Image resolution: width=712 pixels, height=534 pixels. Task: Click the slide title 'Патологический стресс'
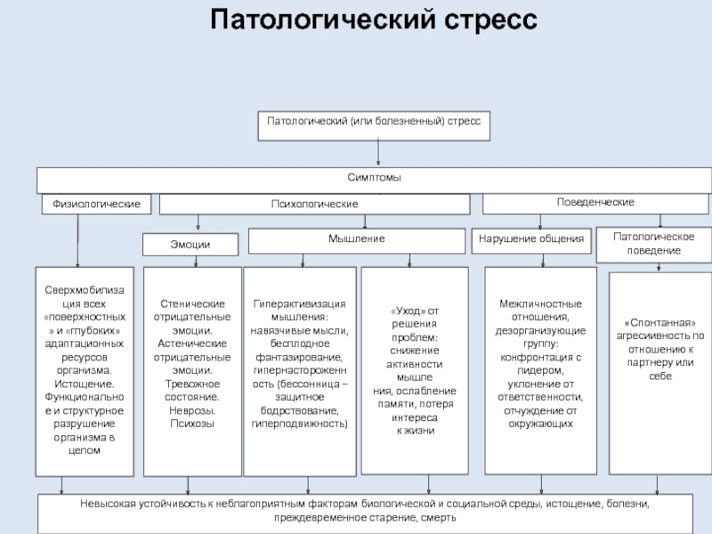click(374, 19)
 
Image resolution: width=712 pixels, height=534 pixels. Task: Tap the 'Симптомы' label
click(374, 178)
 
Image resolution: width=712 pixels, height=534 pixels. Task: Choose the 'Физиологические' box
click(96, 205)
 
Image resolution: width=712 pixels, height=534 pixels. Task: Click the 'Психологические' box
click(314, 205)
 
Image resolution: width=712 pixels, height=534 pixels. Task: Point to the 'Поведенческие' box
click(595, 203)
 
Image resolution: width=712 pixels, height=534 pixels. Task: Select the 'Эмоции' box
click(190, 244)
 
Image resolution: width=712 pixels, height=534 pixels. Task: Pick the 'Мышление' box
click(356, 239)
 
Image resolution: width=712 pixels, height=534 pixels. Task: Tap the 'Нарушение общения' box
click(531, 239)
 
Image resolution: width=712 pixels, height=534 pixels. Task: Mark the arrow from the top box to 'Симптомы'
click(380, 153)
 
